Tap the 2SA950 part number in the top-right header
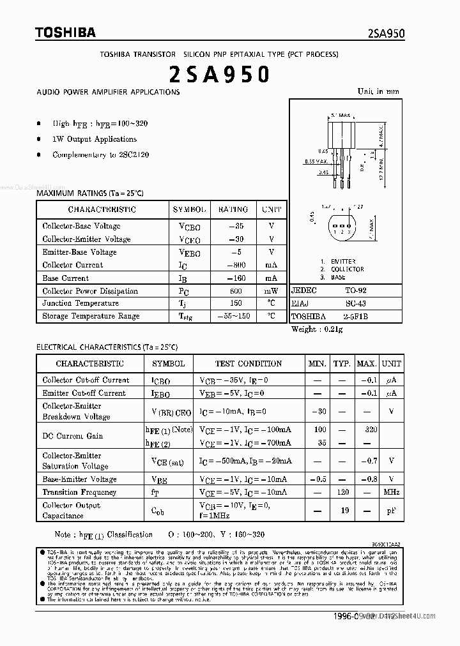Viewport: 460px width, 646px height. [386, 34]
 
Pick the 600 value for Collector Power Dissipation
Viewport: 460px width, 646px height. [235, 291]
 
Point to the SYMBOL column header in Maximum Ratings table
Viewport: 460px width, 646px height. [189, 209]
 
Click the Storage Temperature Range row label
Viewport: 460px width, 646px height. [90, 316]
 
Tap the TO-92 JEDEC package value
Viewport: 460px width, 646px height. [355, 290]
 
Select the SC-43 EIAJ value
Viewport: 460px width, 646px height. [355, 303]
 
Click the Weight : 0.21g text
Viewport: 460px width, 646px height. [317, 329]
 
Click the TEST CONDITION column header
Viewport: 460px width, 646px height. [248, 363]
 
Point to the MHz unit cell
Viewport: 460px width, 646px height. [391, 492]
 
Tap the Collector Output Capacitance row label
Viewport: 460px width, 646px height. [72, 510]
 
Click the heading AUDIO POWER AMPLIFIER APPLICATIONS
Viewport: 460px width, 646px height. [108, 92]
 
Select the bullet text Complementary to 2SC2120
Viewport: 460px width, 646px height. [100, 154]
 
